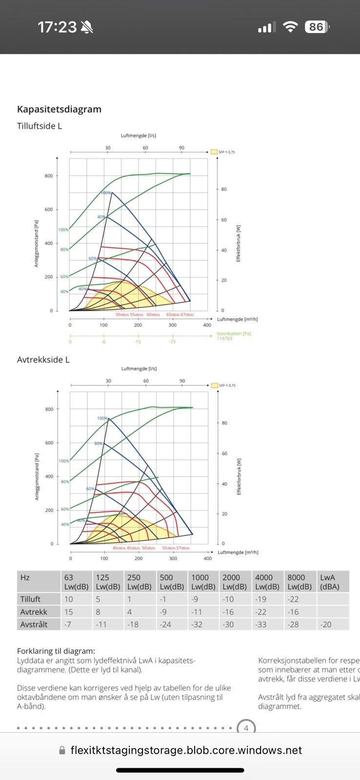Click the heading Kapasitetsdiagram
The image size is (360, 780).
(59, 109)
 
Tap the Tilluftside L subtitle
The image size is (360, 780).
(40, 126)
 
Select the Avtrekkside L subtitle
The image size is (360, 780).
(43, 360)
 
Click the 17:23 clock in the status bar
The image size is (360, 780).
(57, 27)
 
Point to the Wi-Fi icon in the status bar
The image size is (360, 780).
(290, 27)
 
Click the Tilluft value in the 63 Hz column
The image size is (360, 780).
(69, 599)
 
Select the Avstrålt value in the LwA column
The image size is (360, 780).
(326, 624)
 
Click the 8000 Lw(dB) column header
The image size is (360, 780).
(300, 582)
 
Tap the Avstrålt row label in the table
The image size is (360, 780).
(34, 624)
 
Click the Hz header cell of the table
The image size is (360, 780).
(25, 578)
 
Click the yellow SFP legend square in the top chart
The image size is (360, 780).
(214, 152)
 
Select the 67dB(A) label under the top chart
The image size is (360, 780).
(187, 315)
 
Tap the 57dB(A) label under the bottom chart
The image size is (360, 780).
(183, 548)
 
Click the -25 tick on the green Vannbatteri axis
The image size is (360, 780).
(172, 342)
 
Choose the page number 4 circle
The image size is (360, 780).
(246, 728)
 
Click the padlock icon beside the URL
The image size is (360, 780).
(62, 751)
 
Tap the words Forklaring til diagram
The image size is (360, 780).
(56, 651)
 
